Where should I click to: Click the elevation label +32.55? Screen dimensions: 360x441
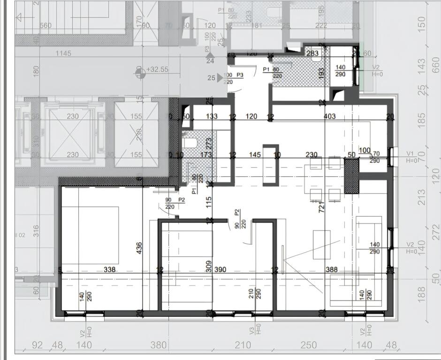tap(158, 69)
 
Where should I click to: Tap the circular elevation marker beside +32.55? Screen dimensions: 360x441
tap(139, 72)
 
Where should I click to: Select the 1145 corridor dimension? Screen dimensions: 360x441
tap(63, 53)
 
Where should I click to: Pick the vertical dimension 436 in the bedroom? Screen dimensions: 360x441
tap(138, 249)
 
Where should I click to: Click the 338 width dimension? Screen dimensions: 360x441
tap(109, 270)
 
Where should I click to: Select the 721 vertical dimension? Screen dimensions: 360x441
tap(322, 206)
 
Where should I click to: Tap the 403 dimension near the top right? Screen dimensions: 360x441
tap(329, 116)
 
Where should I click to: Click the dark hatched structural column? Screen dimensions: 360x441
tap(351, 176)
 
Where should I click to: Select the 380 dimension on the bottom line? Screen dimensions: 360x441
tap(159, 345)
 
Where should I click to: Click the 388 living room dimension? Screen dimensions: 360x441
tap(332, 270)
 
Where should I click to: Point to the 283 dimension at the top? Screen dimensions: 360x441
tap(313, 53)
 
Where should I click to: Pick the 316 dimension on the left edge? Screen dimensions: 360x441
tap(37, 231)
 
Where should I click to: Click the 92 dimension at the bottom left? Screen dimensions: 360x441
tap(37, 345)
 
